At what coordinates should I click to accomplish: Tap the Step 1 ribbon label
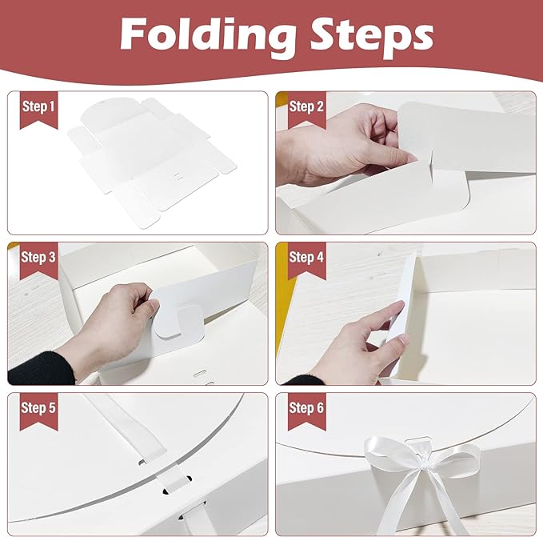(x=38, y=107)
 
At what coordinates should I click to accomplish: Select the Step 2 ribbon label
(x=306, y=107)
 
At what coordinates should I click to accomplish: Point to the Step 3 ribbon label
(x=38, y=258)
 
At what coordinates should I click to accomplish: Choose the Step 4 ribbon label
(x=306, y=258)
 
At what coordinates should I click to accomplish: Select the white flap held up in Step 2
(x=464, y=140)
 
